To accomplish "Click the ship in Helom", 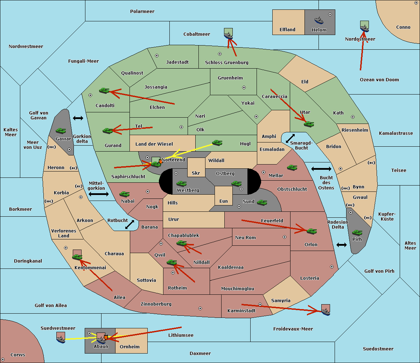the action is pos(319,20).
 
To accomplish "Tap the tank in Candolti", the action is pos(104,90).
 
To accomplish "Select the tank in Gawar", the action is pos(61,131).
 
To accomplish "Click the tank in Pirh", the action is pos(357,232).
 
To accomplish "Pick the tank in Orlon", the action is pos(312,231).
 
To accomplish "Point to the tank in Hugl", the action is pos(217,143).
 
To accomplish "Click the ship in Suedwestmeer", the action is pos(61,339).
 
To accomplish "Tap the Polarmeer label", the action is pos(142,12).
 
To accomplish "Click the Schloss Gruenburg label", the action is pos(227,62).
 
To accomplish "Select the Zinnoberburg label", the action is pos(156,304).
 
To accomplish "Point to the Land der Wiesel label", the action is pos(154,144).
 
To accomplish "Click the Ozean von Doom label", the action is pos(379,80).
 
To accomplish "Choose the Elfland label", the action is pos(287,30).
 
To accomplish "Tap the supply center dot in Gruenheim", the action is pos(244,88).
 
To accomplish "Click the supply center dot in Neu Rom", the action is pos(285,237).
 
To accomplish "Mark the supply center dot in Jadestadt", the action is pos(157,56).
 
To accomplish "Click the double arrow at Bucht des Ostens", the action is pos(321,169).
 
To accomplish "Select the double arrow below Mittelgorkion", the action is pos(99,194).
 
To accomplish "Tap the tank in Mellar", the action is pos(292,168).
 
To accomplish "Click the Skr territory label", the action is pos(196,173).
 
